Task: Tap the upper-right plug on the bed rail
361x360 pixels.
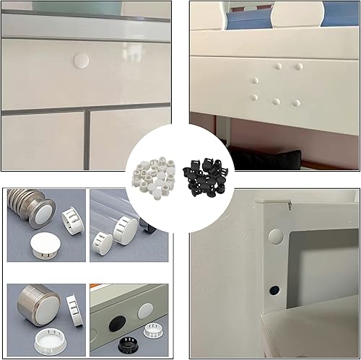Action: [x=298, y=66]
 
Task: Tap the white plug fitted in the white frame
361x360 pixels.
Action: [x=276, y=236]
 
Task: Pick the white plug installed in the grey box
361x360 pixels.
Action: [x=145, y=310]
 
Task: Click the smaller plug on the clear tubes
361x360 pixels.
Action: [x=103, y=243]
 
